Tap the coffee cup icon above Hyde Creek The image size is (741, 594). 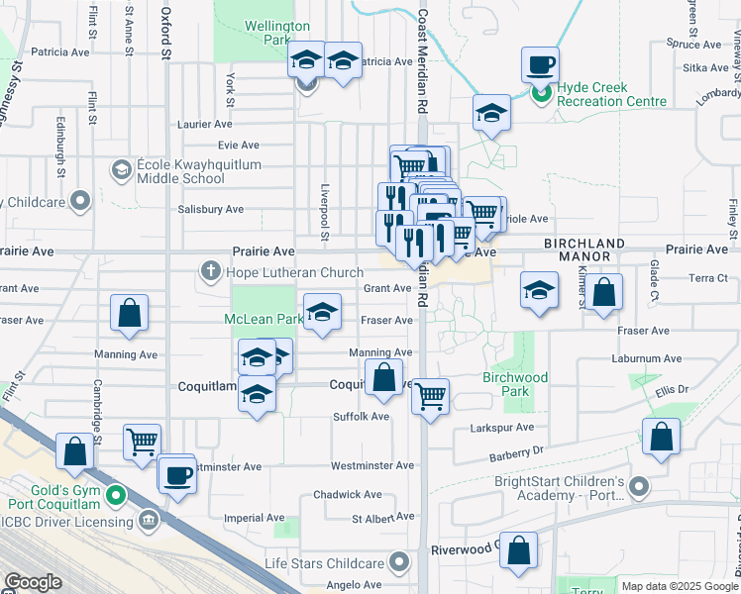pyautogui.click(x=540, y=65)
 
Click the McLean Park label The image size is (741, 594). pyautogui.click(x=263, y=319)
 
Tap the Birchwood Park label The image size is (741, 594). pyautogui.click(x=515, y=384)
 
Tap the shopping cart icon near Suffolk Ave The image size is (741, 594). pyautogui.click(x=430, y=396)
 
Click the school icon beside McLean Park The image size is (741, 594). pyautogui.click(x=322, y=313)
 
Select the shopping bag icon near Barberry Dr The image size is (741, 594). pyautogui.click(x=661, y=437)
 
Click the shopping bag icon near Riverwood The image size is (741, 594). pyautogui.click(x=518, y=550)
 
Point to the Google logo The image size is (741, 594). pyautogui.click(x=32, y=582)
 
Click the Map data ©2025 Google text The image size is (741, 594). pyautogui.click(x=678, y=586)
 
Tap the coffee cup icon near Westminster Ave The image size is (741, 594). pyautogui.click(x=178, y=474)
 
